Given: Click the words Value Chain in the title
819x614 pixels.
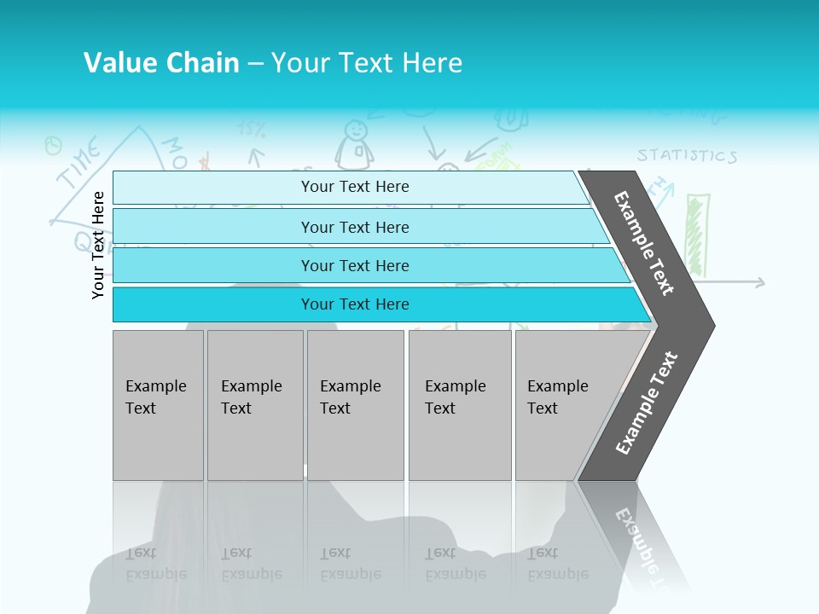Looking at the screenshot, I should (161, 63).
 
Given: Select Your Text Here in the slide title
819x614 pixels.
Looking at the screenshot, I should (367, 63).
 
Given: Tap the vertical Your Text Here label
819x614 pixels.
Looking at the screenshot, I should (98, 245).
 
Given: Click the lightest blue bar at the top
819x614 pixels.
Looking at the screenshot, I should (354, 187).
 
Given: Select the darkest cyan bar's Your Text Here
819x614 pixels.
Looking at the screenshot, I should (354, 304).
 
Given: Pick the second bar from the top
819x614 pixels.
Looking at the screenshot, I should (354, 227).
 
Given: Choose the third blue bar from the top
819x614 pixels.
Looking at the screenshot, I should (354, 266).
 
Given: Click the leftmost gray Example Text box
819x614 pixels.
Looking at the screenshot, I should (158, 405).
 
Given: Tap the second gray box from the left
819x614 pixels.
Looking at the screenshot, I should (254, 405).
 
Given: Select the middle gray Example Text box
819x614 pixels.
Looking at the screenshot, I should (355, 405).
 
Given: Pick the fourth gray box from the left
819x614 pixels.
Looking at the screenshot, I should (459, 405).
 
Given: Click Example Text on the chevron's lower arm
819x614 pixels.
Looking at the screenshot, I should (647, 403).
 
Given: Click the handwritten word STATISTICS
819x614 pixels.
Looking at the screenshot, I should (687, 156).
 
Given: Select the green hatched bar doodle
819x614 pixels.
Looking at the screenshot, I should (697, 235).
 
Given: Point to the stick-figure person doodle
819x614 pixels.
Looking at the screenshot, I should (355, 143).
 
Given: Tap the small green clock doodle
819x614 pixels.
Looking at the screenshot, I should (54, 146).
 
